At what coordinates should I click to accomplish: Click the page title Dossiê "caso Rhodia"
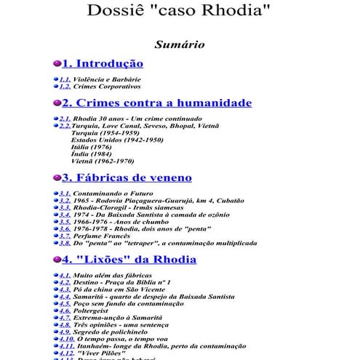coord(179,12)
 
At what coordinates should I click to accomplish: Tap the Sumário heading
coord(179,45)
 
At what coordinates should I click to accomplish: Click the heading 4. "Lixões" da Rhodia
coord(129,259)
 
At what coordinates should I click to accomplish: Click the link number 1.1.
coord(65,79)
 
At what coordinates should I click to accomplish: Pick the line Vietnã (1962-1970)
coord(103,161)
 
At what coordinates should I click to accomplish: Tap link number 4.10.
coord(66,338)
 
